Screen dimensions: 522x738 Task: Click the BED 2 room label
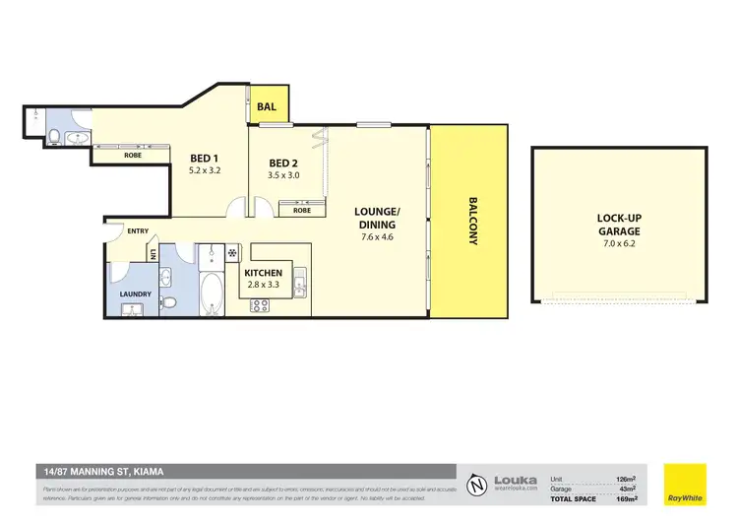(x=283, y=163)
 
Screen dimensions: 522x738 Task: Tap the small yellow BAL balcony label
(x=267, y=107)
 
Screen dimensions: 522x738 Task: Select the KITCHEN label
(x=264, y=273)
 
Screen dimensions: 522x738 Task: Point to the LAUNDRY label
(x=135, y=294)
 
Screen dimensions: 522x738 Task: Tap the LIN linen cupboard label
(x=154, y=254)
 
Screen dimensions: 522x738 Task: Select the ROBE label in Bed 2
(x=302, y=210)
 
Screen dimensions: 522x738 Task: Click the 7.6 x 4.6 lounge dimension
(x=378, y=236)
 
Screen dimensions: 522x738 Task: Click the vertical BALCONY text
(x=471, y=225)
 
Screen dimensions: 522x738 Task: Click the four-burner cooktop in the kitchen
(x=261, y=305)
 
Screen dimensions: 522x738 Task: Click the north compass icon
(x=476, y=484)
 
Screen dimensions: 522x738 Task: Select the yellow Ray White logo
(x=685, y=483)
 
